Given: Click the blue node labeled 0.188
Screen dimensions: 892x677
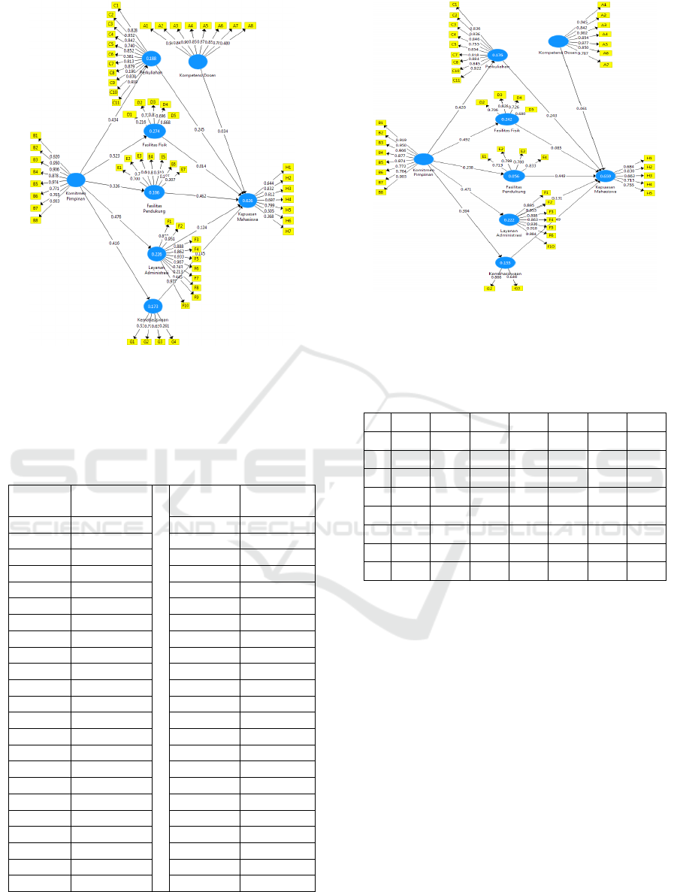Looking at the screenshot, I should tap(152, 58).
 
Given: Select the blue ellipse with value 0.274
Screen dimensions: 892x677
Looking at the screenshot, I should tap(155, 131).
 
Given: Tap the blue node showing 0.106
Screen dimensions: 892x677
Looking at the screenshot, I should tap(154, 193).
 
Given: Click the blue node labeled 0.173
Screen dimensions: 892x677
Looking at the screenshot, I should tap(153, 306).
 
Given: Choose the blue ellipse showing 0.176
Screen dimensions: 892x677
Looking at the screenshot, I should tap(497, 55).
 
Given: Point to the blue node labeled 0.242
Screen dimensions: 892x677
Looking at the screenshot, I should tap(506, 119).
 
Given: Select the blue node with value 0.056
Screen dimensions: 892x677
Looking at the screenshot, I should tap(512, 176).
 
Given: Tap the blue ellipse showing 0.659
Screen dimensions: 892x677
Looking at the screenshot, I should tap(606, 176).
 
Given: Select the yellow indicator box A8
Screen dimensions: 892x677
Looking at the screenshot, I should tap(251, 26).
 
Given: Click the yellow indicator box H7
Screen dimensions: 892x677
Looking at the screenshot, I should tap(289, 231).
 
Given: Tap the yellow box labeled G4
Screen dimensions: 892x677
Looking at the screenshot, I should tap(174, 342).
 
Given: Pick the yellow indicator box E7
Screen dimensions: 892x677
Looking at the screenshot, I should tap(183, 169).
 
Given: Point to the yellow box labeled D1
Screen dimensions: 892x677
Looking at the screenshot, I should tap(129, 114).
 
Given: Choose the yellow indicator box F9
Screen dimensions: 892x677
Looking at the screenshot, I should tap(197, 296).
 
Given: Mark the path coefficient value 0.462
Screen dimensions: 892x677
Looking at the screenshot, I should tap(201, 195).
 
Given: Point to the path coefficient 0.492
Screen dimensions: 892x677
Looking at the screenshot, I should tap(464, 140).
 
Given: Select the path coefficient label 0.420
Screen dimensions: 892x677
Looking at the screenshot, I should tap(460, 107).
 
